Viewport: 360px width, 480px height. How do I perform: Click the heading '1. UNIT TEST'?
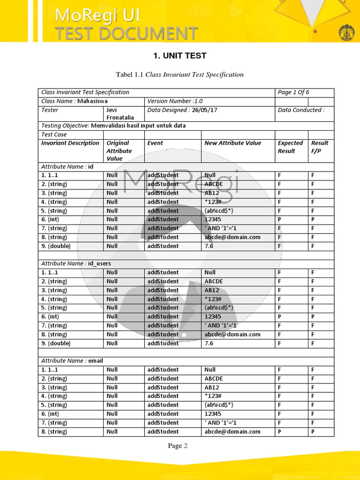(x=180, y=56)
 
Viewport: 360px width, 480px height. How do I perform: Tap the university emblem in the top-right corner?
(x=346, y=33)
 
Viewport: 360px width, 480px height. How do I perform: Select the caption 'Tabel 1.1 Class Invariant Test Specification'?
(x=180, y=75)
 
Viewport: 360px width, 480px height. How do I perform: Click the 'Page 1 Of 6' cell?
(x=293, y=92)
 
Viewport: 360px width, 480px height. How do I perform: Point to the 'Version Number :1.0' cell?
(x=175, y=101)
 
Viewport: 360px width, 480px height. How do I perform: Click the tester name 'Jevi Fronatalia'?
(x=120, y=114)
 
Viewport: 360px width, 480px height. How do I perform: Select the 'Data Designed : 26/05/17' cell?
(x=182, y=110)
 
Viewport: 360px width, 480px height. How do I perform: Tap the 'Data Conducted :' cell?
(x=301, y=110)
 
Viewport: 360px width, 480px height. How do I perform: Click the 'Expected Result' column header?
(x=290, y=147)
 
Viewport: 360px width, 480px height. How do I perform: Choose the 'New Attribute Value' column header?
(x=232, y=143)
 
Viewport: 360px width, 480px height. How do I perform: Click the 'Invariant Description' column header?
(x=70, y=143)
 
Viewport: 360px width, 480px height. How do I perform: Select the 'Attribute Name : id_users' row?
(x=76, y=263)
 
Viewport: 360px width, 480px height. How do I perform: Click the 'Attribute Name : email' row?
(x=72, y=361)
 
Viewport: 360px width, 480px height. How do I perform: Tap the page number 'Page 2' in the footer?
(x=178, y=446)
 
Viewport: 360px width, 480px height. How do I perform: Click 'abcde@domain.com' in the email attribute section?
(x=232, y=432)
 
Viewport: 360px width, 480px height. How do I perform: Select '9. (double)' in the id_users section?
(x=56, y=343)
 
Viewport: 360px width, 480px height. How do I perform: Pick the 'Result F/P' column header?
(x=320, y=147)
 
